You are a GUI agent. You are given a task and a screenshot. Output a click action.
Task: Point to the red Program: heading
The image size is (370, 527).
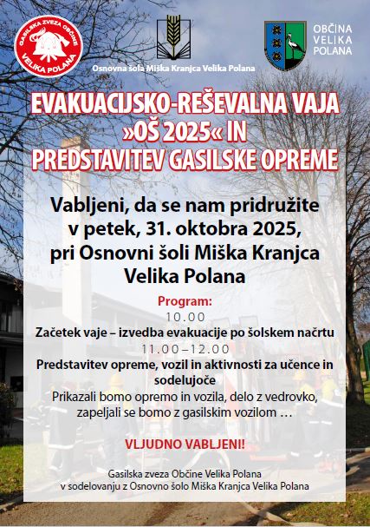185,302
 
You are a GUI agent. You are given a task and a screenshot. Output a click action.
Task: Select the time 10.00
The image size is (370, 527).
185,317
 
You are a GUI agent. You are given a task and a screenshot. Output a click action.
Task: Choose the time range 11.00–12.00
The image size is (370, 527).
185,348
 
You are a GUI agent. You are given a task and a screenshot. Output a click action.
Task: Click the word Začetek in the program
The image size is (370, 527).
63,333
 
